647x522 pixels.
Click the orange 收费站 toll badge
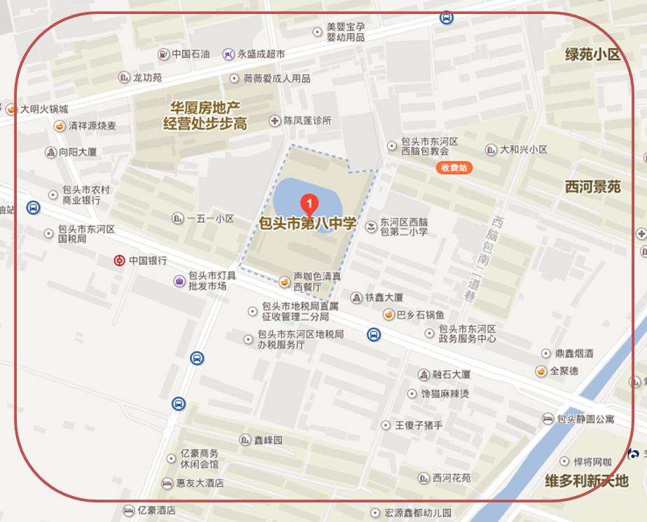pos(453,167)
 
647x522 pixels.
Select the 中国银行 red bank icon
pos(120,261)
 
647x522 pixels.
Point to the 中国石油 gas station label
pos(190,53)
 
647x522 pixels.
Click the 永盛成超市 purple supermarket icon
pos(228,53)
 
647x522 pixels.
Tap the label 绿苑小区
pos(593,55)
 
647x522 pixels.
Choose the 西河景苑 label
pos(592,186)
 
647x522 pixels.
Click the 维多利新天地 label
pos(587,481)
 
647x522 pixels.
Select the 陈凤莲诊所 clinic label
pos(307,121)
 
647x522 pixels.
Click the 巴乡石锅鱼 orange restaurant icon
pos(387,315)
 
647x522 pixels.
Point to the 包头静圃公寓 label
pos(585,419)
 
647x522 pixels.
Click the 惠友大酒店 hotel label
pos(200,483)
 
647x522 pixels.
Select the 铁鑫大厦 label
pos(384,298)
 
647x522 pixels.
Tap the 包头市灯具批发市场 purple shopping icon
pos(180,281)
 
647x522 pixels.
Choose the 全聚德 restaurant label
pos(564,371)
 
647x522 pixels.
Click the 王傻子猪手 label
pos(419,425)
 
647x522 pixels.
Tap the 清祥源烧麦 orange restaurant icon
pos(61,126)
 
